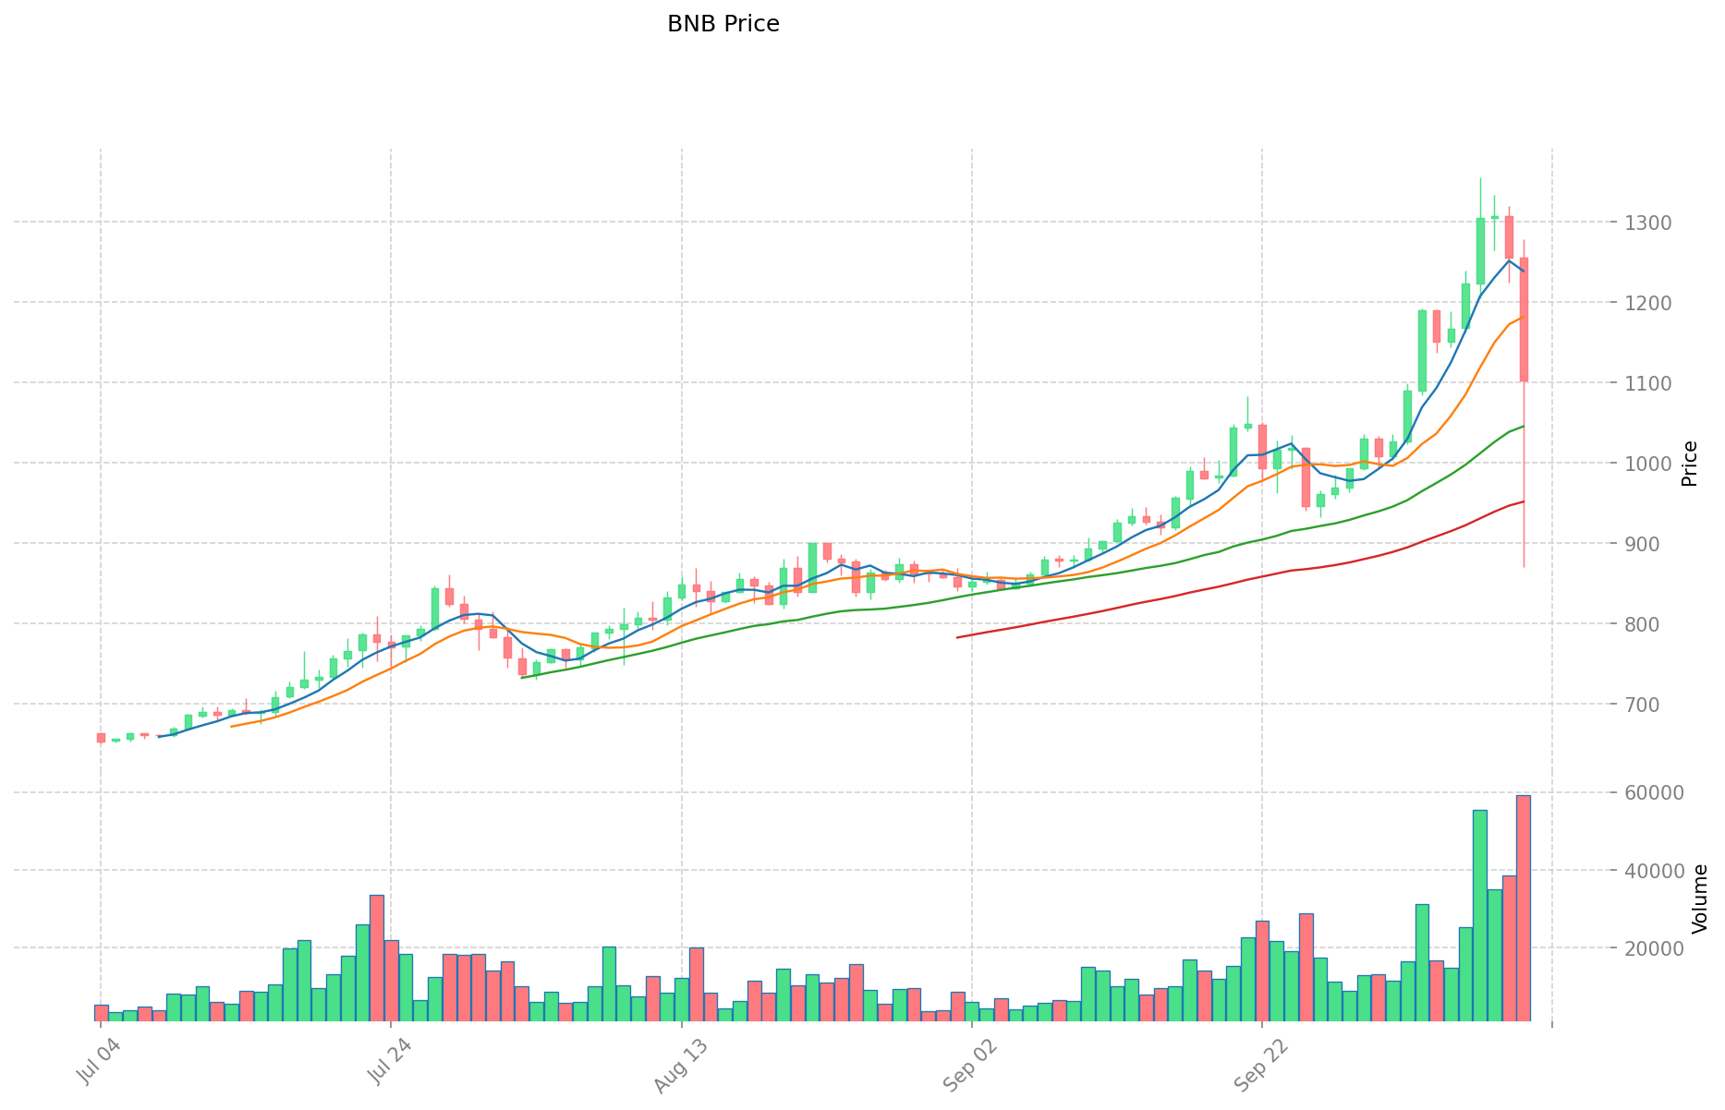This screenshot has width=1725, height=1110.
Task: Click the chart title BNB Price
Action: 723,24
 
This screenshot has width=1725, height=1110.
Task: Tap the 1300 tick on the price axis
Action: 1640,223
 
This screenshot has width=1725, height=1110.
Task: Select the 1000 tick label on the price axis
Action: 1640,464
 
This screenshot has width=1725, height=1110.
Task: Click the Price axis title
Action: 1689,464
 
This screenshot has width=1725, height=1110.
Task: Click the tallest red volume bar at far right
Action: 1523,908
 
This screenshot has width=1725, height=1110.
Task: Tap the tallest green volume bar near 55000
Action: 1479,915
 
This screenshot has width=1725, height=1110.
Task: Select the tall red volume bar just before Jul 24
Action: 377,958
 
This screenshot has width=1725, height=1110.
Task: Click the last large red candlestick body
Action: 1524,320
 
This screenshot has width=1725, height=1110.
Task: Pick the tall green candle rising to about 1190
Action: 1422,351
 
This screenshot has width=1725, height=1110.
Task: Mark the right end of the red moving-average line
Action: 1524,501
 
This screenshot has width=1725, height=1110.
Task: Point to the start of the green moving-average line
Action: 522,678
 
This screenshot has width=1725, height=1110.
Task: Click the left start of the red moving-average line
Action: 957,637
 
